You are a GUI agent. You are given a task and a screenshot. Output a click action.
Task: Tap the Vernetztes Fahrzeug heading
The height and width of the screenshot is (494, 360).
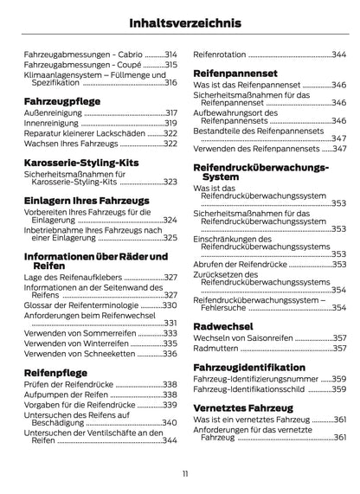click(246, 405)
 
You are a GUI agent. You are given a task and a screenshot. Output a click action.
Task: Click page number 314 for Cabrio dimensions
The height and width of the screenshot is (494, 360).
click(170, 54)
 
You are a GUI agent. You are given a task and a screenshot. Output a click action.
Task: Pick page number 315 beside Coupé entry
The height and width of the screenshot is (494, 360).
click(170, 64)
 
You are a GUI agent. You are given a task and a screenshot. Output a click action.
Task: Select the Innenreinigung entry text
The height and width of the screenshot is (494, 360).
click(51, 124)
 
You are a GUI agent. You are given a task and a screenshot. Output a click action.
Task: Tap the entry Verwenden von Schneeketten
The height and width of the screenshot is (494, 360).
click(79, 353)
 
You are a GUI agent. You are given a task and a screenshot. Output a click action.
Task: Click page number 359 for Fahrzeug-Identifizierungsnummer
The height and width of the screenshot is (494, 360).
click(338, 378)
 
